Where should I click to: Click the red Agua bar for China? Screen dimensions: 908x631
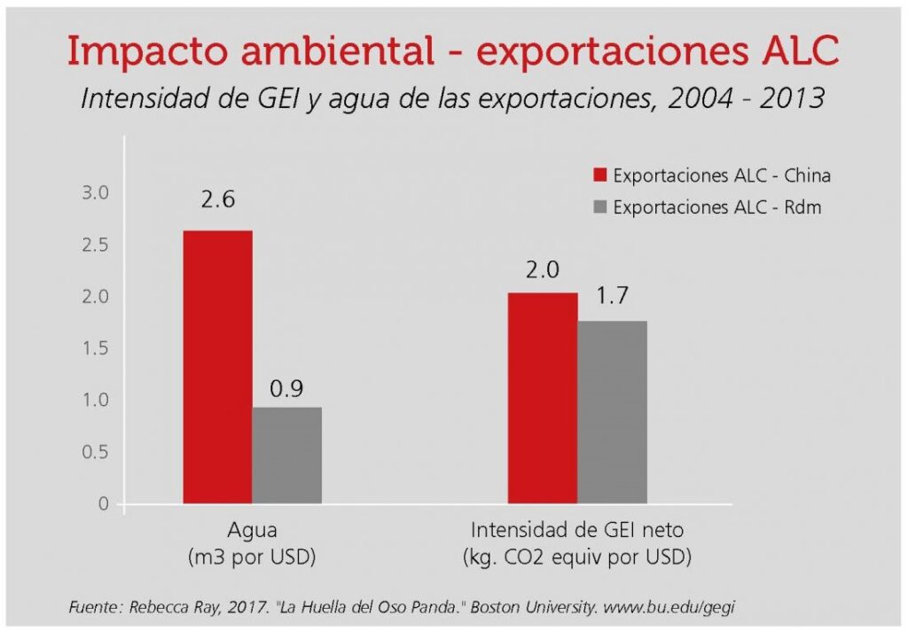[x=218, y=367]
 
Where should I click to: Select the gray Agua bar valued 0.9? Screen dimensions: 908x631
[x=287, y=456]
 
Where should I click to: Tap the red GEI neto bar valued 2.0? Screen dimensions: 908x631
[x=543, y=398]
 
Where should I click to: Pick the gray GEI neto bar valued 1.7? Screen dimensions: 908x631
[x=612, y=412]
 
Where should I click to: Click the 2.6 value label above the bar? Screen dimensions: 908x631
[x=218, y=199]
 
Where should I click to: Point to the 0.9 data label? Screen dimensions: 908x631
[x=286, y=389]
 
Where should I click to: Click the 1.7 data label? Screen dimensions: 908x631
[x=612, y=296]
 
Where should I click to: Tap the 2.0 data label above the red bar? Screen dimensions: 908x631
[x=543, y=269]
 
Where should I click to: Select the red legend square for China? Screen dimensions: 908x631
[x=600, y=175]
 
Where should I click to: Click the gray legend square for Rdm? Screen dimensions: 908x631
[x=600, y=206]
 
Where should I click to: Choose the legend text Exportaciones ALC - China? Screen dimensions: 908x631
[x=722, y=175]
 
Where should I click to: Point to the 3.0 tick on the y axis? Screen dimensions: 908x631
[x=96, y=193]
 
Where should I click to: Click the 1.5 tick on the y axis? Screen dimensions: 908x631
[x=96, y=348]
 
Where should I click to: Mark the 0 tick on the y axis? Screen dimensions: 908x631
[x=104, y=503]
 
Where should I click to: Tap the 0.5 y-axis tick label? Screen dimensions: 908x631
[x=96, y=452]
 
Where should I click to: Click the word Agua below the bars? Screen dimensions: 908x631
[x=252, y=531]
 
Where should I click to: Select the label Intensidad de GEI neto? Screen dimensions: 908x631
[x=577, y=530]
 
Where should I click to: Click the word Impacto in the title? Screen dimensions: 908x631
[x=148, y=51]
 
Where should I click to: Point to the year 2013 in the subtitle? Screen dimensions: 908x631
[x=792, y=98]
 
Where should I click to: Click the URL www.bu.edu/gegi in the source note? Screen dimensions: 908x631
[x=669, y=607]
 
